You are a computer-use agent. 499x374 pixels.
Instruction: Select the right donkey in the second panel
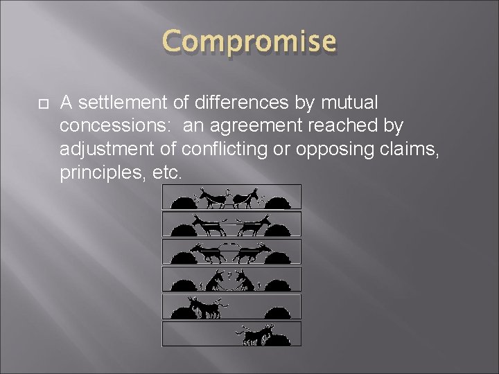[254, 224]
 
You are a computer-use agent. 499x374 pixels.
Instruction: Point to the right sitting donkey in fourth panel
[244, 280]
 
